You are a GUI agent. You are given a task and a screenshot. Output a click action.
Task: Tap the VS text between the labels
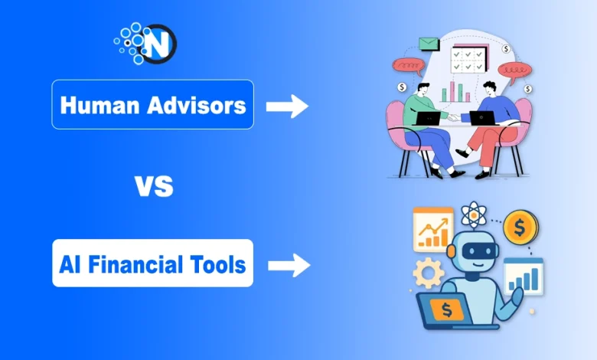pyautogui.click(x=153, y=186)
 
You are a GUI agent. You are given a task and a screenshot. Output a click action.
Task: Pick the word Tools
pyautogui.click(x=221, y=265)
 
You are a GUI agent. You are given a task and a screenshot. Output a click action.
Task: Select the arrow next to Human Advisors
pyautogui.click(x=287, y=106)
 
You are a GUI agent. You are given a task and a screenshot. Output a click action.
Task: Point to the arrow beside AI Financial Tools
pyautogui.click(x=289, y=266)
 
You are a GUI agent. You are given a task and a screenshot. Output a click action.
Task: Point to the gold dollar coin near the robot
pyautogui.click(x=521, y=227)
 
